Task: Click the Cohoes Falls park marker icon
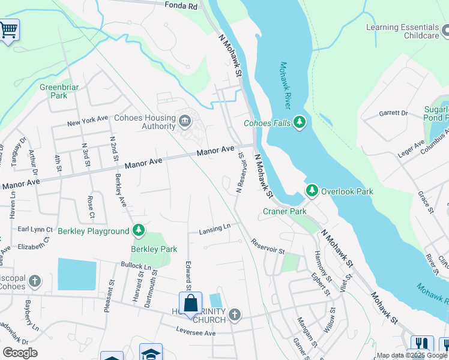300,124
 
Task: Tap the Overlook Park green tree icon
312,191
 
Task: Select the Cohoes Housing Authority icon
185,123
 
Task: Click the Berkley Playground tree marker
139,230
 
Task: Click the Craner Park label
285,211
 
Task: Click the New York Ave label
87,122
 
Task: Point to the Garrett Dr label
393,113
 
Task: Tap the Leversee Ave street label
196,332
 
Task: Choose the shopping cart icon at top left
8,29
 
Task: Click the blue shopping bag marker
190,303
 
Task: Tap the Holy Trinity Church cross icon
235,314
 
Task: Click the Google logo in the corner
20,353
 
